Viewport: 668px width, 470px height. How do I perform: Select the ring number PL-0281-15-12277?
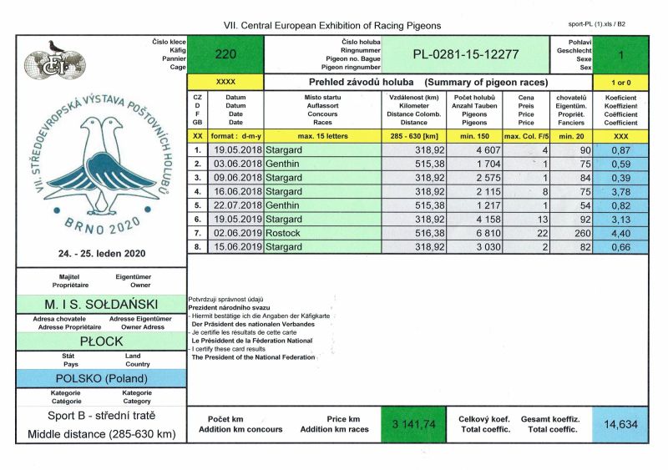(466, 55)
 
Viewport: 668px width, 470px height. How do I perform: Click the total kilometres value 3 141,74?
(413, 424)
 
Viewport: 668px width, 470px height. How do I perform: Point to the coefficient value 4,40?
(620, 234)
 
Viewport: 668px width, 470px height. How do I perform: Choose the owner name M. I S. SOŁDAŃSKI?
(101, 303)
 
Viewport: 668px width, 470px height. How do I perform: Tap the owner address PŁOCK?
(101, 341)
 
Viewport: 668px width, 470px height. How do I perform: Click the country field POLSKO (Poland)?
(101, 378)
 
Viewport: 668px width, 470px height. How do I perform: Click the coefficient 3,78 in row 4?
(620, 191)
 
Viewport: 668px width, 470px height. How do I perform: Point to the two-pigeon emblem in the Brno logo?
(101, 164)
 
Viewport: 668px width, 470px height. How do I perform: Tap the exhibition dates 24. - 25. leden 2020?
(101, 251)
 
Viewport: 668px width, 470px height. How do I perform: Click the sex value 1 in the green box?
(620, 55)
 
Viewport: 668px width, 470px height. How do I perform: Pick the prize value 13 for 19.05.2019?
(518, 220)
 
